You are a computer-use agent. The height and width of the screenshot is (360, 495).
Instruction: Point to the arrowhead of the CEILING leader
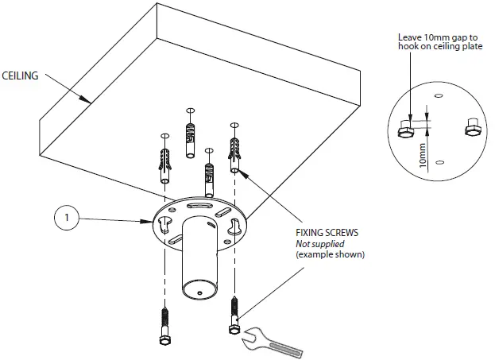click(87, 101)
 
